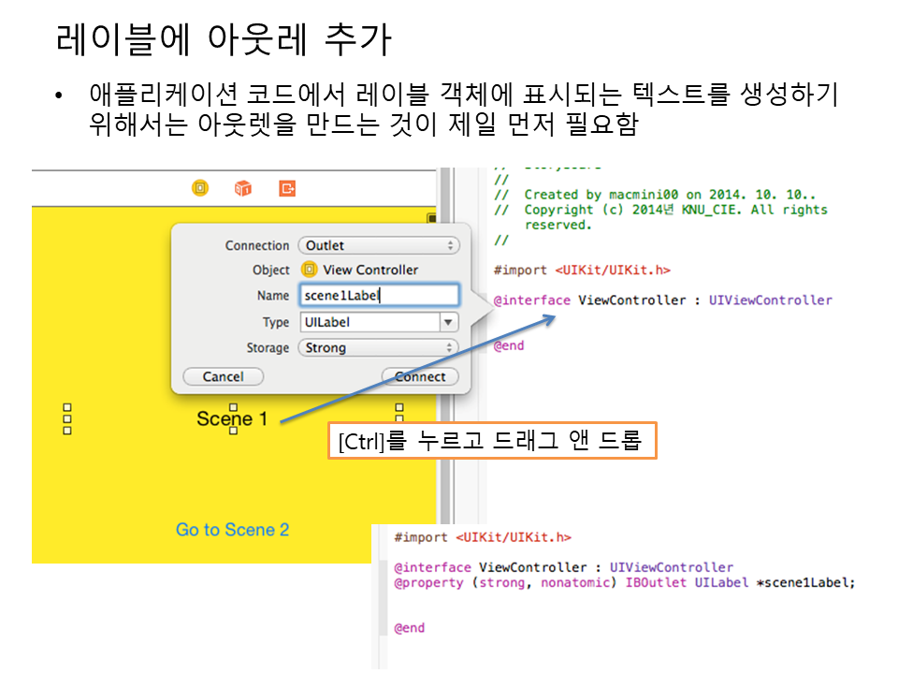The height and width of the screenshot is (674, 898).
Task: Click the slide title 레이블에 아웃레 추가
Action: (x=224, y=39)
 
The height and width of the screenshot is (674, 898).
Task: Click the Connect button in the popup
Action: (x=420, y=376)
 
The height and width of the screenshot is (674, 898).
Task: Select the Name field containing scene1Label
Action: (x=379, y=295)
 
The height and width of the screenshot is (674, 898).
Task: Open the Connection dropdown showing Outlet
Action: (x=379, y=245)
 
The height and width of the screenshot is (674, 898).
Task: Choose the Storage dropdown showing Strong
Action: (x=379, y=347)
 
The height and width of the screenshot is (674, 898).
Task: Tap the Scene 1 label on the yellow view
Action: (x=232, y=418)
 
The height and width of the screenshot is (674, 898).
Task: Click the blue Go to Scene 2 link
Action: (x=232, y=530)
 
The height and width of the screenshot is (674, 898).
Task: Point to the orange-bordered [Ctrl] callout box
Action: (x=492, y=440)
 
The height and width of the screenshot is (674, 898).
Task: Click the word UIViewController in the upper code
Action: (x=770, y=300)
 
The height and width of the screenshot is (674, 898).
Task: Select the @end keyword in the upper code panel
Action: (x=509, y=345)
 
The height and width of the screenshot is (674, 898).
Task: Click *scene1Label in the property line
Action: (x=804, y=582)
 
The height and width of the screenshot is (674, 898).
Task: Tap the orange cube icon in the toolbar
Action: (x=243, y=188)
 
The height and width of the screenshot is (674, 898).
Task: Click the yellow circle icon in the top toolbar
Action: (x=200, y=188)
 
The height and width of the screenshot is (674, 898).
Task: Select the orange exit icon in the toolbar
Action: (x=287, y=188)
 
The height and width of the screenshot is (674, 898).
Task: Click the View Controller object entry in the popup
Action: (x=360, y=270)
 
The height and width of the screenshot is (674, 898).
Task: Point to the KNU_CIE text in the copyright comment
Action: (x=698, y=210)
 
